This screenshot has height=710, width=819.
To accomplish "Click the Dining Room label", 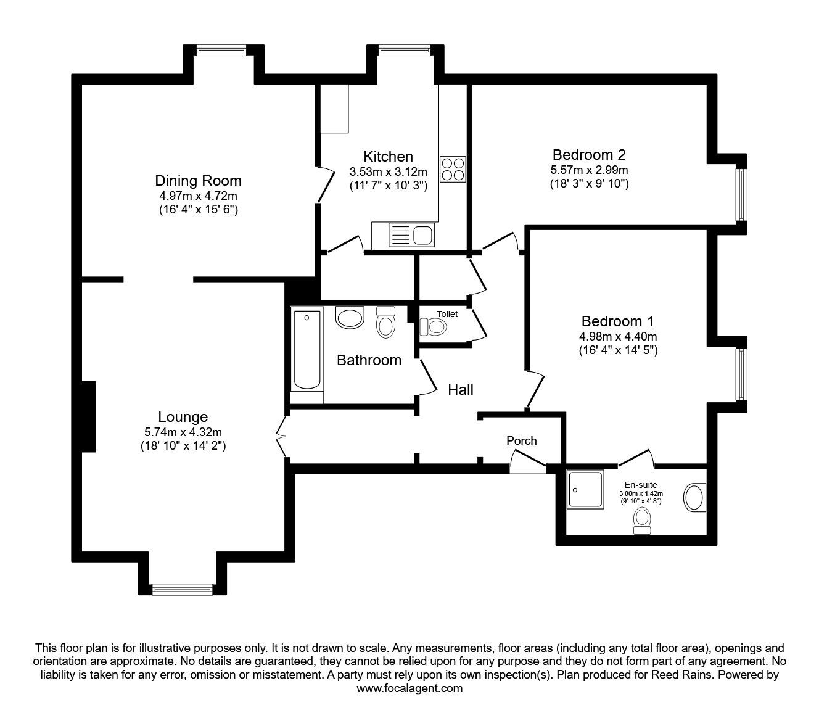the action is pyautogui.click(x=198, y=181).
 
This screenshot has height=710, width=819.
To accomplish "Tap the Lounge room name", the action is pyautogui.click(x=183, y=417).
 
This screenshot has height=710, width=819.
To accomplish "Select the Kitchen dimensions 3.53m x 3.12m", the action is pyautogui.click(x=389, y=172).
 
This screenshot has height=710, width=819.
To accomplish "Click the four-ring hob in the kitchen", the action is pyautogui.click(x=453, y=169).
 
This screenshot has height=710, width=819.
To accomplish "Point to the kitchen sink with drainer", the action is pyautogui.click(x=412, y=234).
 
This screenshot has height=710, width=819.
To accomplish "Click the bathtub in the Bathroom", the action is pyautogui.click(x=307, y=350).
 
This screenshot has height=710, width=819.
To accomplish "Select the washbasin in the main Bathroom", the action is pyautogui.click(x=350, y=316).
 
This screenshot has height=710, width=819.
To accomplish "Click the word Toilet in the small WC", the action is pyautogui.click(x=447, y=314).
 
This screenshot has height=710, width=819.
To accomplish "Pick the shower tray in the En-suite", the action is pyautogui.click(x=586, y=489).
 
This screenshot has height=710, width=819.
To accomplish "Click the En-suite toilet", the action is pyautogui.click(x=642, y=521).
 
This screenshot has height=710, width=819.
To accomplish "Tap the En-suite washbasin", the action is pyautogui.click(x=694, y=497).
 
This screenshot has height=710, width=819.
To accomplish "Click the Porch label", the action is pyautogui.click(x=521, y=441).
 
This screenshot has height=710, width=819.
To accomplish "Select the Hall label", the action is pyautogui.click(x=461, y=390).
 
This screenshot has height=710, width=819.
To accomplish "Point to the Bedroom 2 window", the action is pyautogui.click(x=741, y=195).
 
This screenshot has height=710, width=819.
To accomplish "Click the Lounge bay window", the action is pyautogui.click(x=183, y=590).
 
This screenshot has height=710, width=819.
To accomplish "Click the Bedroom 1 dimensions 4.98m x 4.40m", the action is pyautogui.click(x=618, y=337).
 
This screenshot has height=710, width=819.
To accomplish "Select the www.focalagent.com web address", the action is pyautogui.click(x=409, y=688).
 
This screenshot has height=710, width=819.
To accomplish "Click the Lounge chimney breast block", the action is pyautogui.click(x=89, y=416).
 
